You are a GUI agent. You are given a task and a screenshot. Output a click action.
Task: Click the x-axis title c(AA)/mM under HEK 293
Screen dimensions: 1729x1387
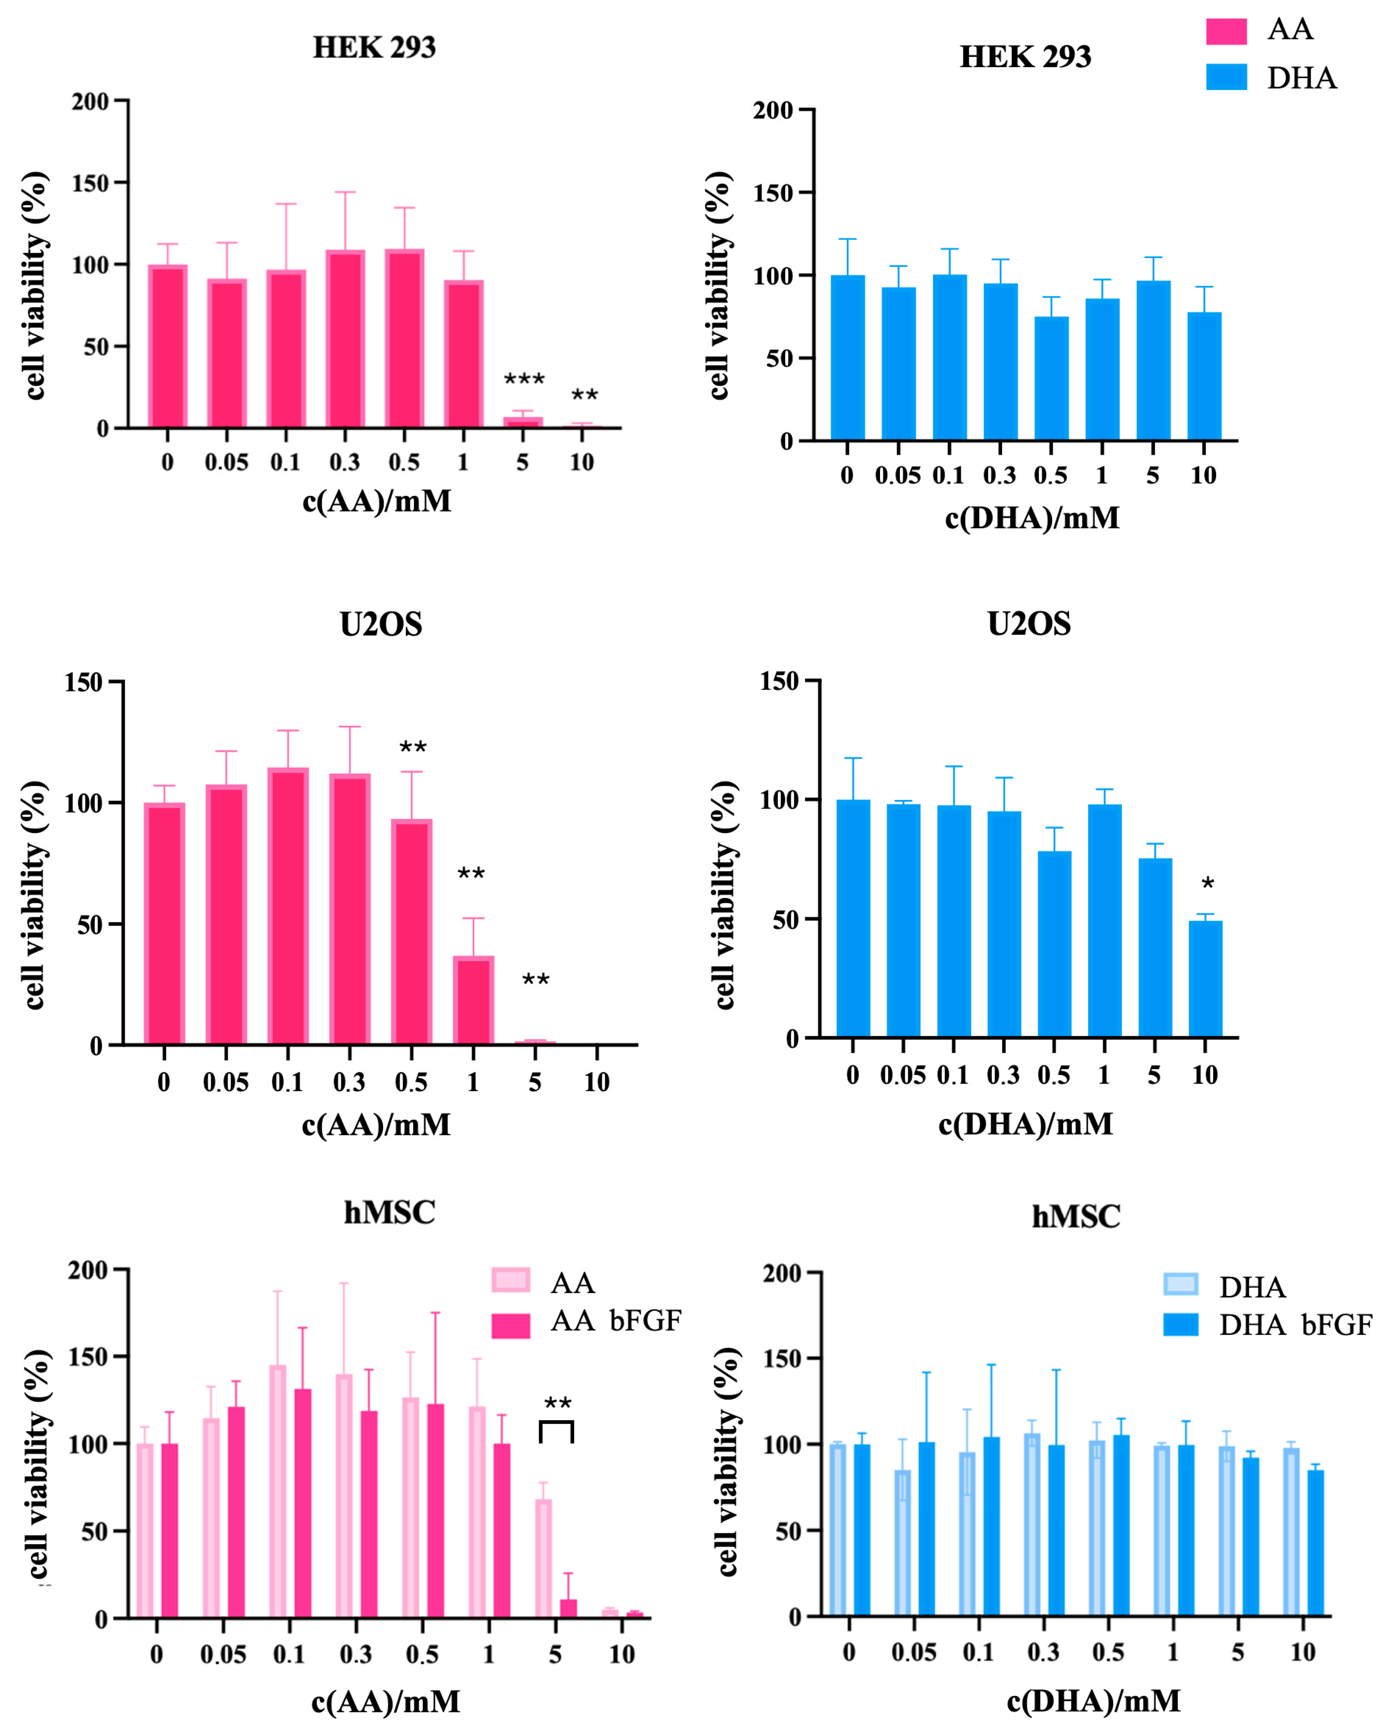[x=376, y=501]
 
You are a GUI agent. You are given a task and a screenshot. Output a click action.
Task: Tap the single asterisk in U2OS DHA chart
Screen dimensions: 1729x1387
[x=1207, y=885]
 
